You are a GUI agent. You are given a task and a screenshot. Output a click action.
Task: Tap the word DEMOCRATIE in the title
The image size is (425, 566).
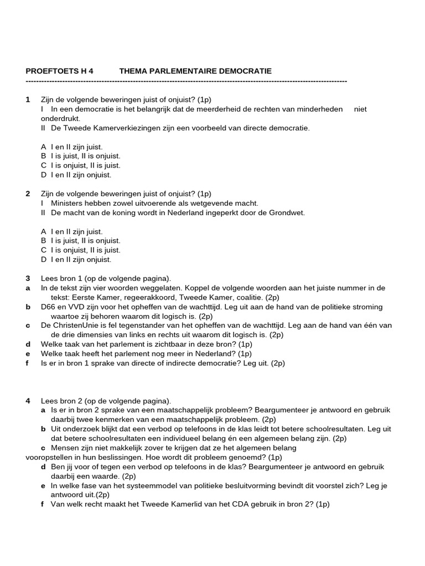(x=243, y=71)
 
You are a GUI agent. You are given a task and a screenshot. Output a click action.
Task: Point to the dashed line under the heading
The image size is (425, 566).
(x=186, y=81)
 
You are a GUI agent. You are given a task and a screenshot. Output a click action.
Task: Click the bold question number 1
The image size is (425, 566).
(x=28, y=99)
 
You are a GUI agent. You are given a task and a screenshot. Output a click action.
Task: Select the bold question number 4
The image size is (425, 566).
(x=28, y=400)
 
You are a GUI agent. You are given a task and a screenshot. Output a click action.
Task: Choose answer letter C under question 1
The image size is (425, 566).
(x=43, y=165)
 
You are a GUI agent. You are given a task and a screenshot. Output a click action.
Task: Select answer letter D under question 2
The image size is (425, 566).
(x=43, y=259)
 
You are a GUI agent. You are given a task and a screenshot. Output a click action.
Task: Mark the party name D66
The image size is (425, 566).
(x=49, y=307)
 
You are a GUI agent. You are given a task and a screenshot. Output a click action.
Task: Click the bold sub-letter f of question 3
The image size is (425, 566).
(x=28, y=363)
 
